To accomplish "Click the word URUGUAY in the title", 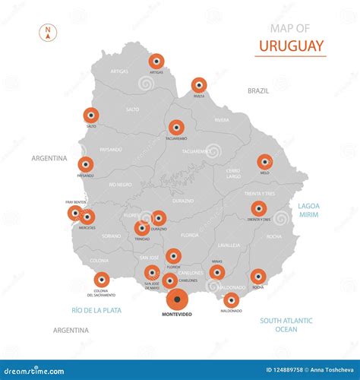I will pyautogui.click(x=292, y=45).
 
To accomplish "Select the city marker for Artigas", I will pyautogui.click(x=156, y=61).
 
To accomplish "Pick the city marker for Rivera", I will pyautogui.click(x=199, y=85).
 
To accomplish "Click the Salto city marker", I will pyautogui.click(x=91, y=116).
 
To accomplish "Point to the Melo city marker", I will pyautogui.click(x=264, y=161).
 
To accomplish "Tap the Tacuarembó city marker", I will pyautogui.click(x=177, y=127).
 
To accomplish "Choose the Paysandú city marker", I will pyautogui.click(x=86, y=164).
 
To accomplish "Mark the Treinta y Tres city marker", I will pyautogui.click(x=258, y=208).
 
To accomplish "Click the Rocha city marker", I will pyautogui.click(x=258, y=276).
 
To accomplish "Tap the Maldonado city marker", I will pyautogui.click(x=232, y=299).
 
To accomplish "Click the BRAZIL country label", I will pyautogui.click(x=258, y=90).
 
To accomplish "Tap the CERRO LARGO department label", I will pyautogui.click(x=233, y=174).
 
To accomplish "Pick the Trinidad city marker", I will pyautogui.click(x=141, y=228).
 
